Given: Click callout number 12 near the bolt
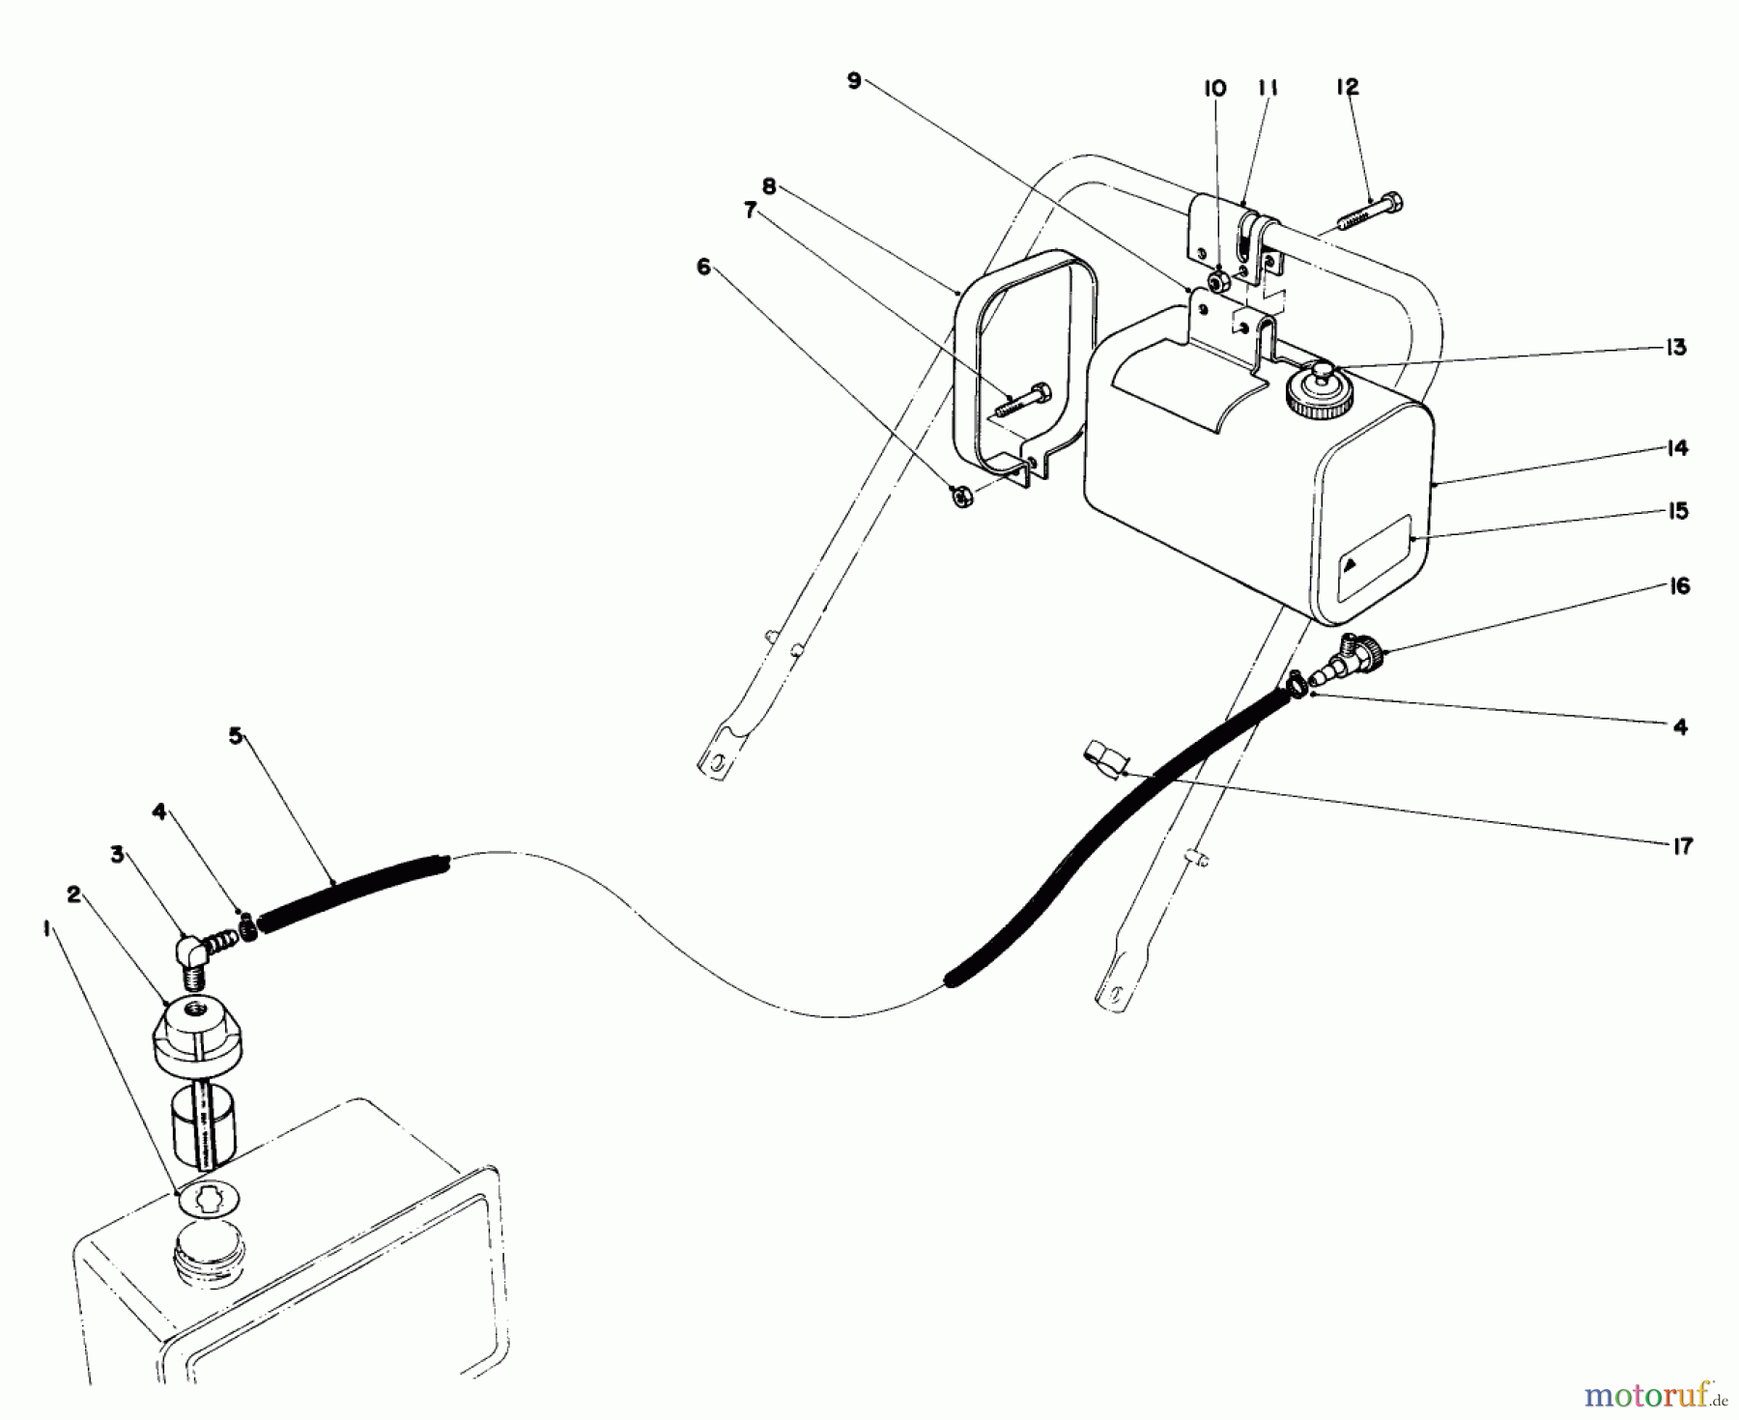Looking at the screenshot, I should (x=1347, y=87).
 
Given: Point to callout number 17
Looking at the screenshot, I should (x=1680, y=846).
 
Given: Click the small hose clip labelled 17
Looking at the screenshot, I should (x=1103, y=756).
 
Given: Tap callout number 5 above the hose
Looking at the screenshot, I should (x=235, y=735).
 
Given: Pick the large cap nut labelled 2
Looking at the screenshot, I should (x=198, y=1039).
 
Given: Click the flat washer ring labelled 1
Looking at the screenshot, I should (x=210, y=1201).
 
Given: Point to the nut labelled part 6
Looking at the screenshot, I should (x=961, y=498).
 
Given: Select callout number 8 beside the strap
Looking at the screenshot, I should (x=769, y=187).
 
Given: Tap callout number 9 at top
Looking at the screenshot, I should (x=853, y=81).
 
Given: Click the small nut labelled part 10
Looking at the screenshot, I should (x=1219, y=282).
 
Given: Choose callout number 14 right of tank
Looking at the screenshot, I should (x=1677, y=448).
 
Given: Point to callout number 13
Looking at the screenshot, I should (x=1676, y=348).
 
